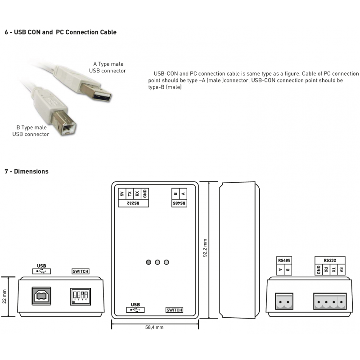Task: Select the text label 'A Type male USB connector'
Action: (108, 67)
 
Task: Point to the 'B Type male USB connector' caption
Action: (31, 131)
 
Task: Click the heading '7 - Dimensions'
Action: (26, 171)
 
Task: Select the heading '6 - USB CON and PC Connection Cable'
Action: (60, 32)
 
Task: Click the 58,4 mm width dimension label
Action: (154, 327)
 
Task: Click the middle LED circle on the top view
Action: (157, 262)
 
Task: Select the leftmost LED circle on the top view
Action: (148, 262)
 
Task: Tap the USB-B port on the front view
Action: (41, 296)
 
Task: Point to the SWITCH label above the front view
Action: (81, 271)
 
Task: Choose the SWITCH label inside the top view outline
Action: (174, 310)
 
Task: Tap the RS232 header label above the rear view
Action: (329, 260)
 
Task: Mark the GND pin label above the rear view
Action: (318, 270)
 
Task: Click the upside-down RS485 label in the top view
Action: (179, 203)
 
